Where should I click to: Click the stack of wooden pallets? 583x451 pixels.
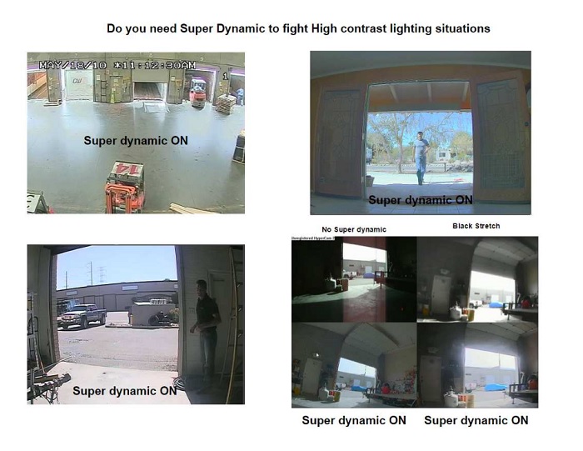pyautogui.click(x=225, y=103)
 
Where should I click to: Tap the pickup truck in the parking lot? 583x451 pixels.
pyautogui.click(x=81, y=315)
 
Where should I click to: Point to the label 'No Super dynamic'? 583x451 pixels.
pyautogui.click(x=354, y=229)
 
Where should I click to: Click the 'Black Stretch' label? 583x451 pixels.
pyautogui.click(x=476, y=226)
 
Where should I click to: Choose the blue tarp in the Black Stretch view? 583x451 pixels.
pyautogui.click(x=496, y=305)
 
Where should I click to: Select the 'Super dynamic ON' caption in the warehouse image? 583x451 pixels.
pyautogui.click(x=135, y=141)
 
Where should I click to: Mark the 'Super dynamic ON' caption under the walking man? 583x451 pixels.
pyautogui.click(x=420, y=200)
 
